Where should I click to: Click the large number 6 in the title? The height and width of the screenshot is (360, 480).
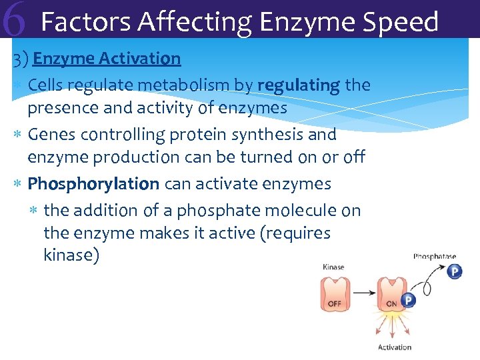(15, 21)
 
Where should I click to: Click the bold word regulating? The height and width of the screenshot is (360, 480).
(299, 85)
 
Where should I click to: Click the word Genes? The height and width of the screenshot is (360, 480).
(53, 135)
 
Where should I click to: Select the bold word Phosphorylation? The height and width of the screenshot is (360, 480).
(93, 183)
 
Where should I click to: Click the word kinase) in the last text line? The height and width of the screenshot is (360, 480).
(71, 255)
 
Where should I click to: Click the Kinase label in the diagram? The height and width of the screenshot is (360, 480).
(333, 267)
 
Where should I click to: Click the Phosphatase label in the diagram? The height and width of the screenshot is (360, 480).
(435, 256)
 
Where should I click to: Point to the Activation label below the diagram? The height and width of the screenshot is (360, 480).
(395, 347)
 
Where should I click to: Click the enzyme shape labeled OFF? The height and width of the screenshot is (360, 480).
(334, 294)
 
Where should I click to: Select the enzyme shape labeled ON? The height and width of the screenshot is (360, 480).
(391, 295)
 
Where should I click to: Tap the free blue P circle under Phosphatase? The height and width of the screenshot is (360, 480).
(455, 272)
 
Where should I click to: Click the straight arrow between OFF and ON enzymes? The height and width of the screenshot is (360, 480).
(362, 293)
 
